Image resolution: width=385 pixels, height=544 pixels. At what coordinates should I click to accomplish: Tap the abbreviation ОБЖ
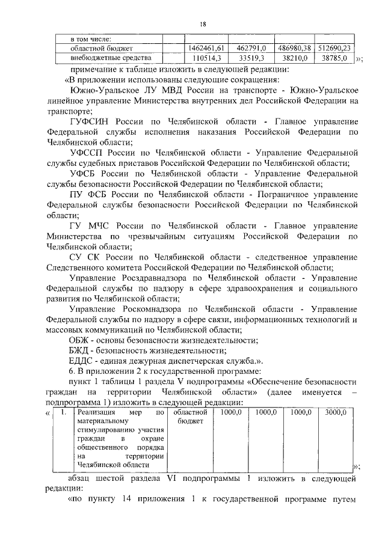tap(78, 340)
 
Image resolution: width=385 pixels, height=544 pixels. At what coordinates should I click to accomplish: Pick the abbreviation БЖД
tap(79, 350)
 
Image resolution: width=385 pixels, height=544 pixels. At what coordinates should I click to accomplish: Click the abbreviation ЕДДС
tap(82, 361)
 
